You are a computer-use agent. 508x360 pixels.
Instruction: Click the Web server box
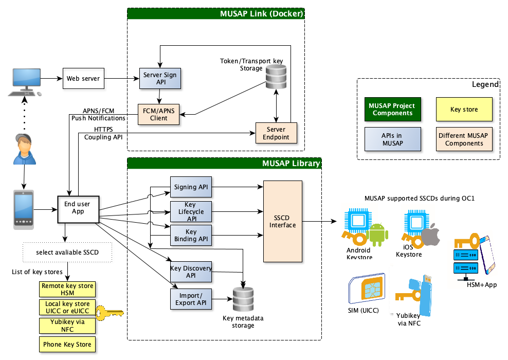point(83,79)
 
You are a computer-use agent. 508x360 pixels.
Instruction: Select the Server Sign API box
point(159,79)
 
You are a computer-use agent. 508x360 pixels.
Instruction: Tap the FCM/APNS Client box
point(159,114)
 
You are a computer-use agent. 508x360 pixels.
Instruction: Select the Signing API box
point(191,187)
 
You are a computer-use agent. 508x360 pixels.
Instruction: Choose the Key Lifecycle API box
point(191,212)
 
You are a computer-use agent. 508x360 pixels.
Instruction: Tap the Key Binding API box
point(191,236)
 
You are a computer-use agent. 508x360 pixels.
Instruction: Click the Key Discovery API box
point(191,272)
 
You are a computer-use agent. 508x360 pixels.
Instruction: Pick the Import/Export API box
point(191,299)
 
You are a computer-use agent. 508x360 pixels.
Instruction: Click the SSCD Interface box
point(283,221)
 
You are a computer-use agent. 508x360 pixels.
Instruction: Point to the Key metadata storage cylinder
point(243,298)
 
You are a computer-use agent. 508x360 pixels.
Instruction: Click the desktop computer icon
point(23,82)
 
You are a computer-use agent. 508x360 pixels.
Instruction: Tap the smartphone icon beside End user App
point(23,209)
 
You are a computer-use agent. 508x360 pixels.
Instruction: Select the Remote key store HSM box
point(68,289)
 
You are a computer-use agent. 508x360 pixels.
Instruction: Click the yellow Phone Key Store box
point(68,345)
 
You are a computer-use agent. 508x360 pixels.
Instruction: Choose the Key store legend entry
point(464,110)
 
